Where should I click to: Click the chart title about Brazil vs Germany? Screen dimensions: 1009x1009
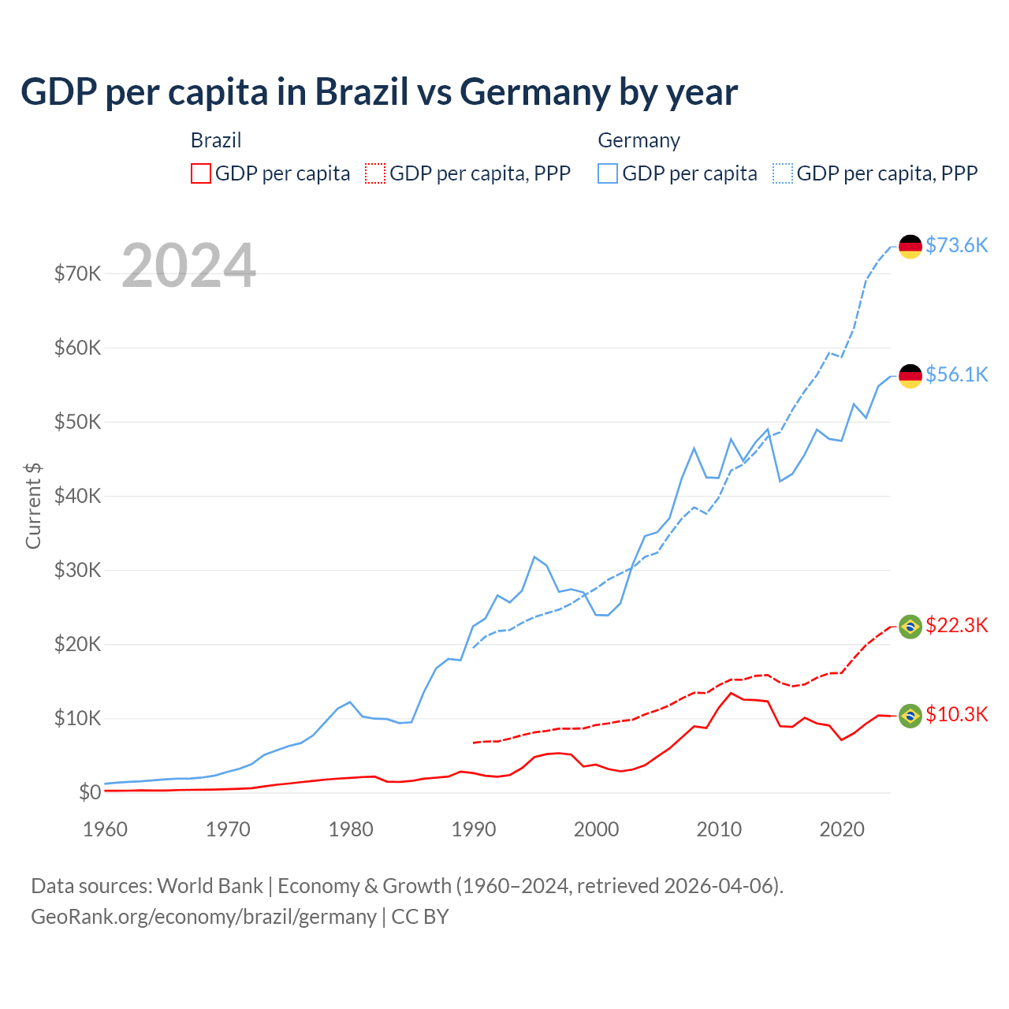(x=378, y=92)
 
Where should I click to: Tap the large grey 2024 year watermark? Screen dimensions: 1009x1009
(x=188, y=266)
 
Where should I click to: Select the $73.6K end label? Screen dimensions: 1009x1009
(x=956, y=245)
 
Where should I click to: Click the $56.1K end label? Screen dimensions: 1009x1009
(x=956, y=374)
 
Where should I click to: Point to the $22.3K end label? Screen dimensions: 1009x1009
(x=956, y=625)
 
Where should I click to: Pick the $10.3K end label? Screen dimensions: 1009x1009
(x=956, y=714)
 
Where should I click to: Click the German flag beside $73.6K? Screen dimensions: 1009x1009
(x=910, y=247)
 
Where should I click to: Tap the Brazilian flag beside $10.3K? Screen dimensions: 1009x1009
(x=910, y=716)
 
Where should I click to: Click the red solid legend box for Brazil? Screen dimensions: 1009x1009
(x=201, y=173)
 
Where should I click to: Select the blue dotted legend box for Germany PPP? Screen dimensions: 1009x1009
(x=783, y=173)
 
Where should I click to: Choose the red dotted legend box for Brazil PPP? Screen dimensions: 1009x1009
(x=375, y=173)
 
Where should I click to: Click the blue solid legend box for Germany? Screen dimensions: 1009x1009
(x=608, y=173)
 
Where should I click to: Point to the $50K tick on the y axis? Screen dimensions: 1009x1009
(x=77, y=422)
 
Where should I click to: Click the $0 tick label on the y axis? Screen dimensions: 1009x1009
(x=90, y=792)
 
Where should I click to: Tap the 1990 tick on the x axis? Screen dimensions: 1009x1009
(x=474, y=829)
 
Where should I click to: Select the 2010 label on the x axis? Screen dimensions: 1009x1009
(x=719, y=829)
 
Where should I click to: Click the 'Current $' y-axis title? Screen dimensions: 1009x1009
(x=33, y=505)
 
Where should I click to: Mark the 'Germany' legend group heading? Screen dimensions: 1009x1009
(x=639, y=140)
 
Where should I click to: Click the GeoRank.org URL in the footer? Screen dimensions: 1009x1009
(x=203, y=917)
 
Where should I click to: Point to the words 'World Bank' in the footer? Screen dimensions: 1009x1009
(x=210, y=886)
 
